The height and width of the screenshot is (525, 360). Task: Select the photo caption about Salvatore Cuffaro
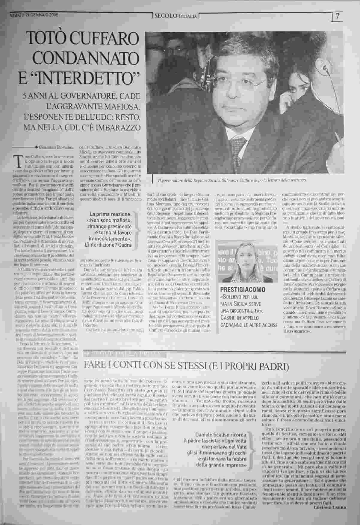click(232, 180)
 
